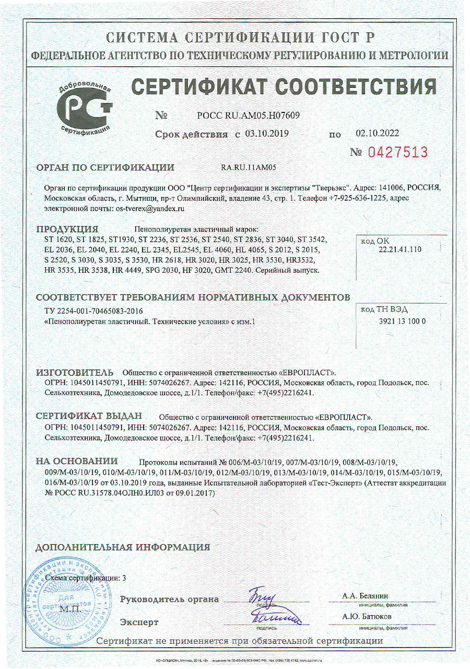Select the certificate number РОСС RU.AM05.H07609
[248, 116]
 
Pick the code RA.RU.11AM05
[249, 168]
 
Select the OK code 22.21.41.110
[399, 250]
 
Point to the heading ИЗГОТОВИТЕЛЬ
[75, 373]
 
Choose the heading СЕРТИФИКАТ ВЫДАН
[89, 417]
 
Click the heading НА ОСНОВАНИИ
[77, 461]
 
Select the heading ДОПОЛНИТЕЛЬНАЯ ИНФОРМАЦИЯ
[123, 547]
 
